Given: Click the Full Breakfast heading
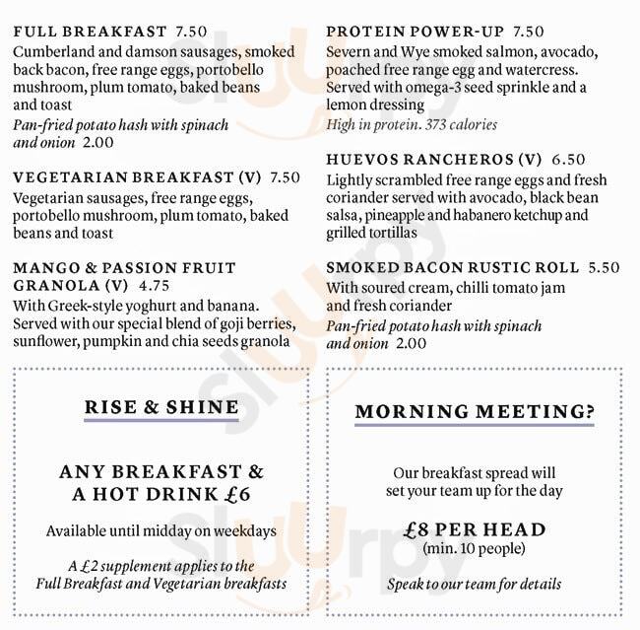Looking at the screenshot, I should point(89,32).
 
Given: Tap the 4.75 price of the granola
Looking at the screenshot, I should point(155,286).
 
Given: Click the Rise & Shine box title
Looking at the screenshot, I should point(161,407).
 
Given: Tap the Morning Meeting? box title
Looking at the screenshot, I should point(475,411).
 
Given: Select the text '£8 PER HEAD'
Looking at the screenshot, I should point(475,529).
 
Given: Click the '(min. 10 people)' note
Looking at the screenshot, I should point(474,548).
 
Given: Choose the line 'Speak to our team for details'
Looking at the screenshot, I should point(475,584).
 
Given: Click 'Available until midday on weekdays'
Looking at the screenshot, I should point(161,531).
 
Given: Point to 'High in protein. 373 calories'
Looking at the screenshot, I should point(412,124).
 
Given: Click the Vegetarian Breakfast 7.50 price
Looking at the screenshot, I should point(285,177).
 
